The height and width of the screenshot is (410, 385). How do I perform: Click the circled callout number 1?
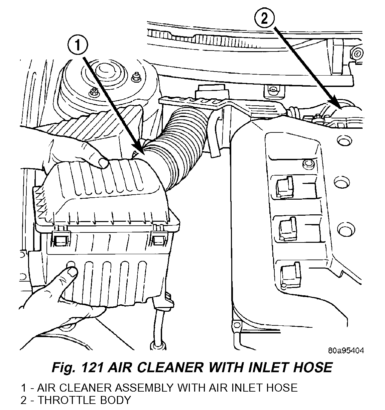pos(77,45)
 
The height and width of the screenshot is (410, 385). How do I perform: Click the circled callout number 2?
pos(264,19)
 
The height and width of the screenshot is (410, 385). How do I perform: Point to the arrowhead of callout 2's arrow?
pos(340,108)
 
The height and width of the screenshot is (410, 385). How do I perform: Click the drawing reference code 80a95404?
pos(346,351)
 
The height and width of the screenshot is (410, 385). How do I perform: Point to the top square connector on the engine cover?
pos(284,186)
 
